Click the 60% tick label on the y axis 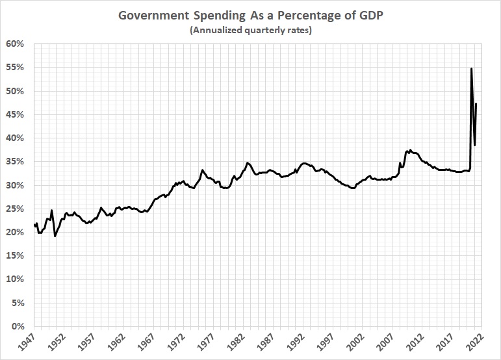pos(15,44)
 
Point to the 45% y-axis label pos(15,114)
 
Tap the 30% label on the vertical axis pos(15,185)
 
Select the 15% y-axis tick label pos(15,255)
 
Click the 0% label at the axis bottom pos(18,326)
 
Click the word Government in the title pos(154,16)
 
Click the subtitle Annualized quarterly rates pos(250,30)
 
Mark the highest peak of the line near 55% pos(471,68)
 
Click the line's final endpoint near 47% pos(476,104)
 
